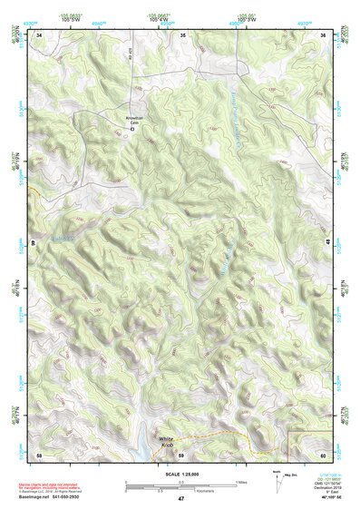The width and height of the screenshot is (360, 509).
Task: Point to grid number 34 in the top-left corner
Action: (x=39, y=35)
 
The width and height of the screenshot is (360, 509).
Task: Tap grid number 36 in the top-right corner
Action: (x=324, y=35)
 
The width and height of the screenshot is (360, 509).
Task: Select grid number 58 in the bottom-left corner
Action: (x=39, y=453)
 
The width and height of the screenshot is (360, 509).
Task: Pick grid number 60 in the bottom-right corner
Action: (x=324, y=453)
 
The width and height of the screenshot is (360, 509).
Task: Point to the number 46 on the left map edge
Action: (x=34, y=243)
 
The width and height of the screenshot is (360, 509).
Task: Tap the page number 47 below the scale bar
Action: (x=180, y=499)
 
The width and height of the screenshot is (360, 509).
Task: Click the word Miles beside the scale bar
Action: (x=241, y=482)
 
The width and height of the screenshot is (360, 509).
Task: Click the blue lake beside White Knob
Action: (x=145, y=446)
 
